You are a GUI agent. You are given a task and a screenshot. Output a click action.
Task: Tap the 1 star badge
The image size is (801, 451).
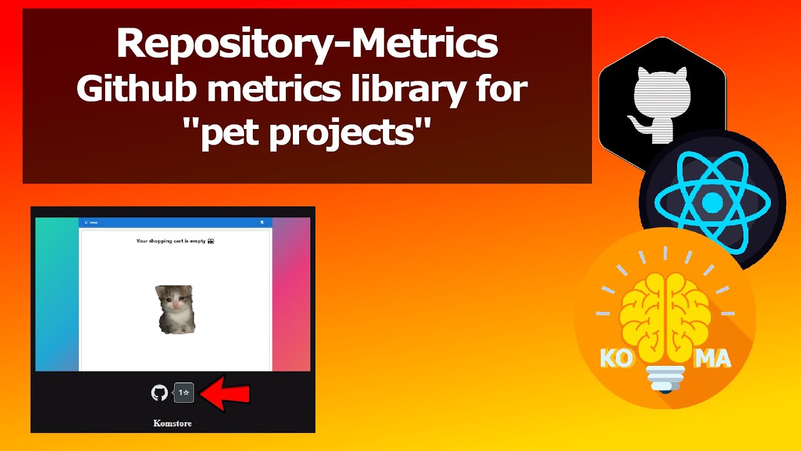(184, 393)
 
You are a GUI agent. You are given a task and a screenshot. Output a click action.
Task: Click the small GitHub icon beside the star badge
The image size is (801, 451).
(160, 393)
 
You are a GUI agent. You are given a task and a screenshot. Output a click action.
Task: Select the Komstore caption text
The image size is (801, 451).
(172, 423)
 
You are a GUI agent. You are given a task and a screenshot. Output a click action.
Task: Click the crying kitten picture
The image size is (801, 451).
(175, 309)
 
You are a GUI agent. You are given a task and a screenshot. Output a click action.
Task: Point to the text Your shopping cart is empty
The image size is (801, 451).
(175, 241)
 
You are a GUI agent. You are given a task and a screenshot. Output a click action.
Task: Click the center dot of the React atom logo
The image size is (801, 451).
(712, 202)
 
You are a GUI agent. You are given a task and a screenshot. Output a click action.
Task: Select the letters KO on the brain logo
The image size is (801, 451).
(614, 359)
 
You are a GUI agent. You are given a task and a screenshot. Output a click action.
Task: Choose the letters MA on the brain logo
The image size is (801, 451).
(713, 359)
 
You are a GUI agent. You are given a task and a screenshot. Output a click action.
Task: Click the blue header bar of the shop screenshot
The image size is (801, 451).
(175, 222)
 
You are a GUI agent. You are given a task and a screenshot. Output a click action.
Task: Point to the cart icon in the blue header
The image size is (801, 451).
(262, 222)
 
